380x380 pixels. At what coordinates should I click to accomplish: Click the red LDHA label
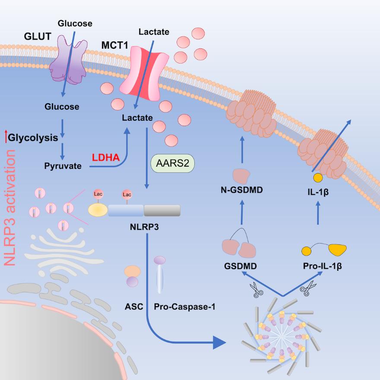(105, 158)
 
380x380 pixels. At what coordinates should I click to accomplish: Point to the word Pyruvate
(63, 165)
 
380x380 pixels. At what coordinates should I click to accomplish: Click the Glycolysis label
(33, 138)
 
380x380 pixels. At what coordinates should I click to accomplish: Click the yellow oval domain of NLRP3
(98, 210)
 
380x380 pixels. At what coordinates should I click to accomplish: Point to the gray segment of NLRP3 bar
(162, 210)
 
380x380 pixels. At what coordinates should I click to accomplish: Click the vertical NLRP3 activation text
(9, 207)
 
